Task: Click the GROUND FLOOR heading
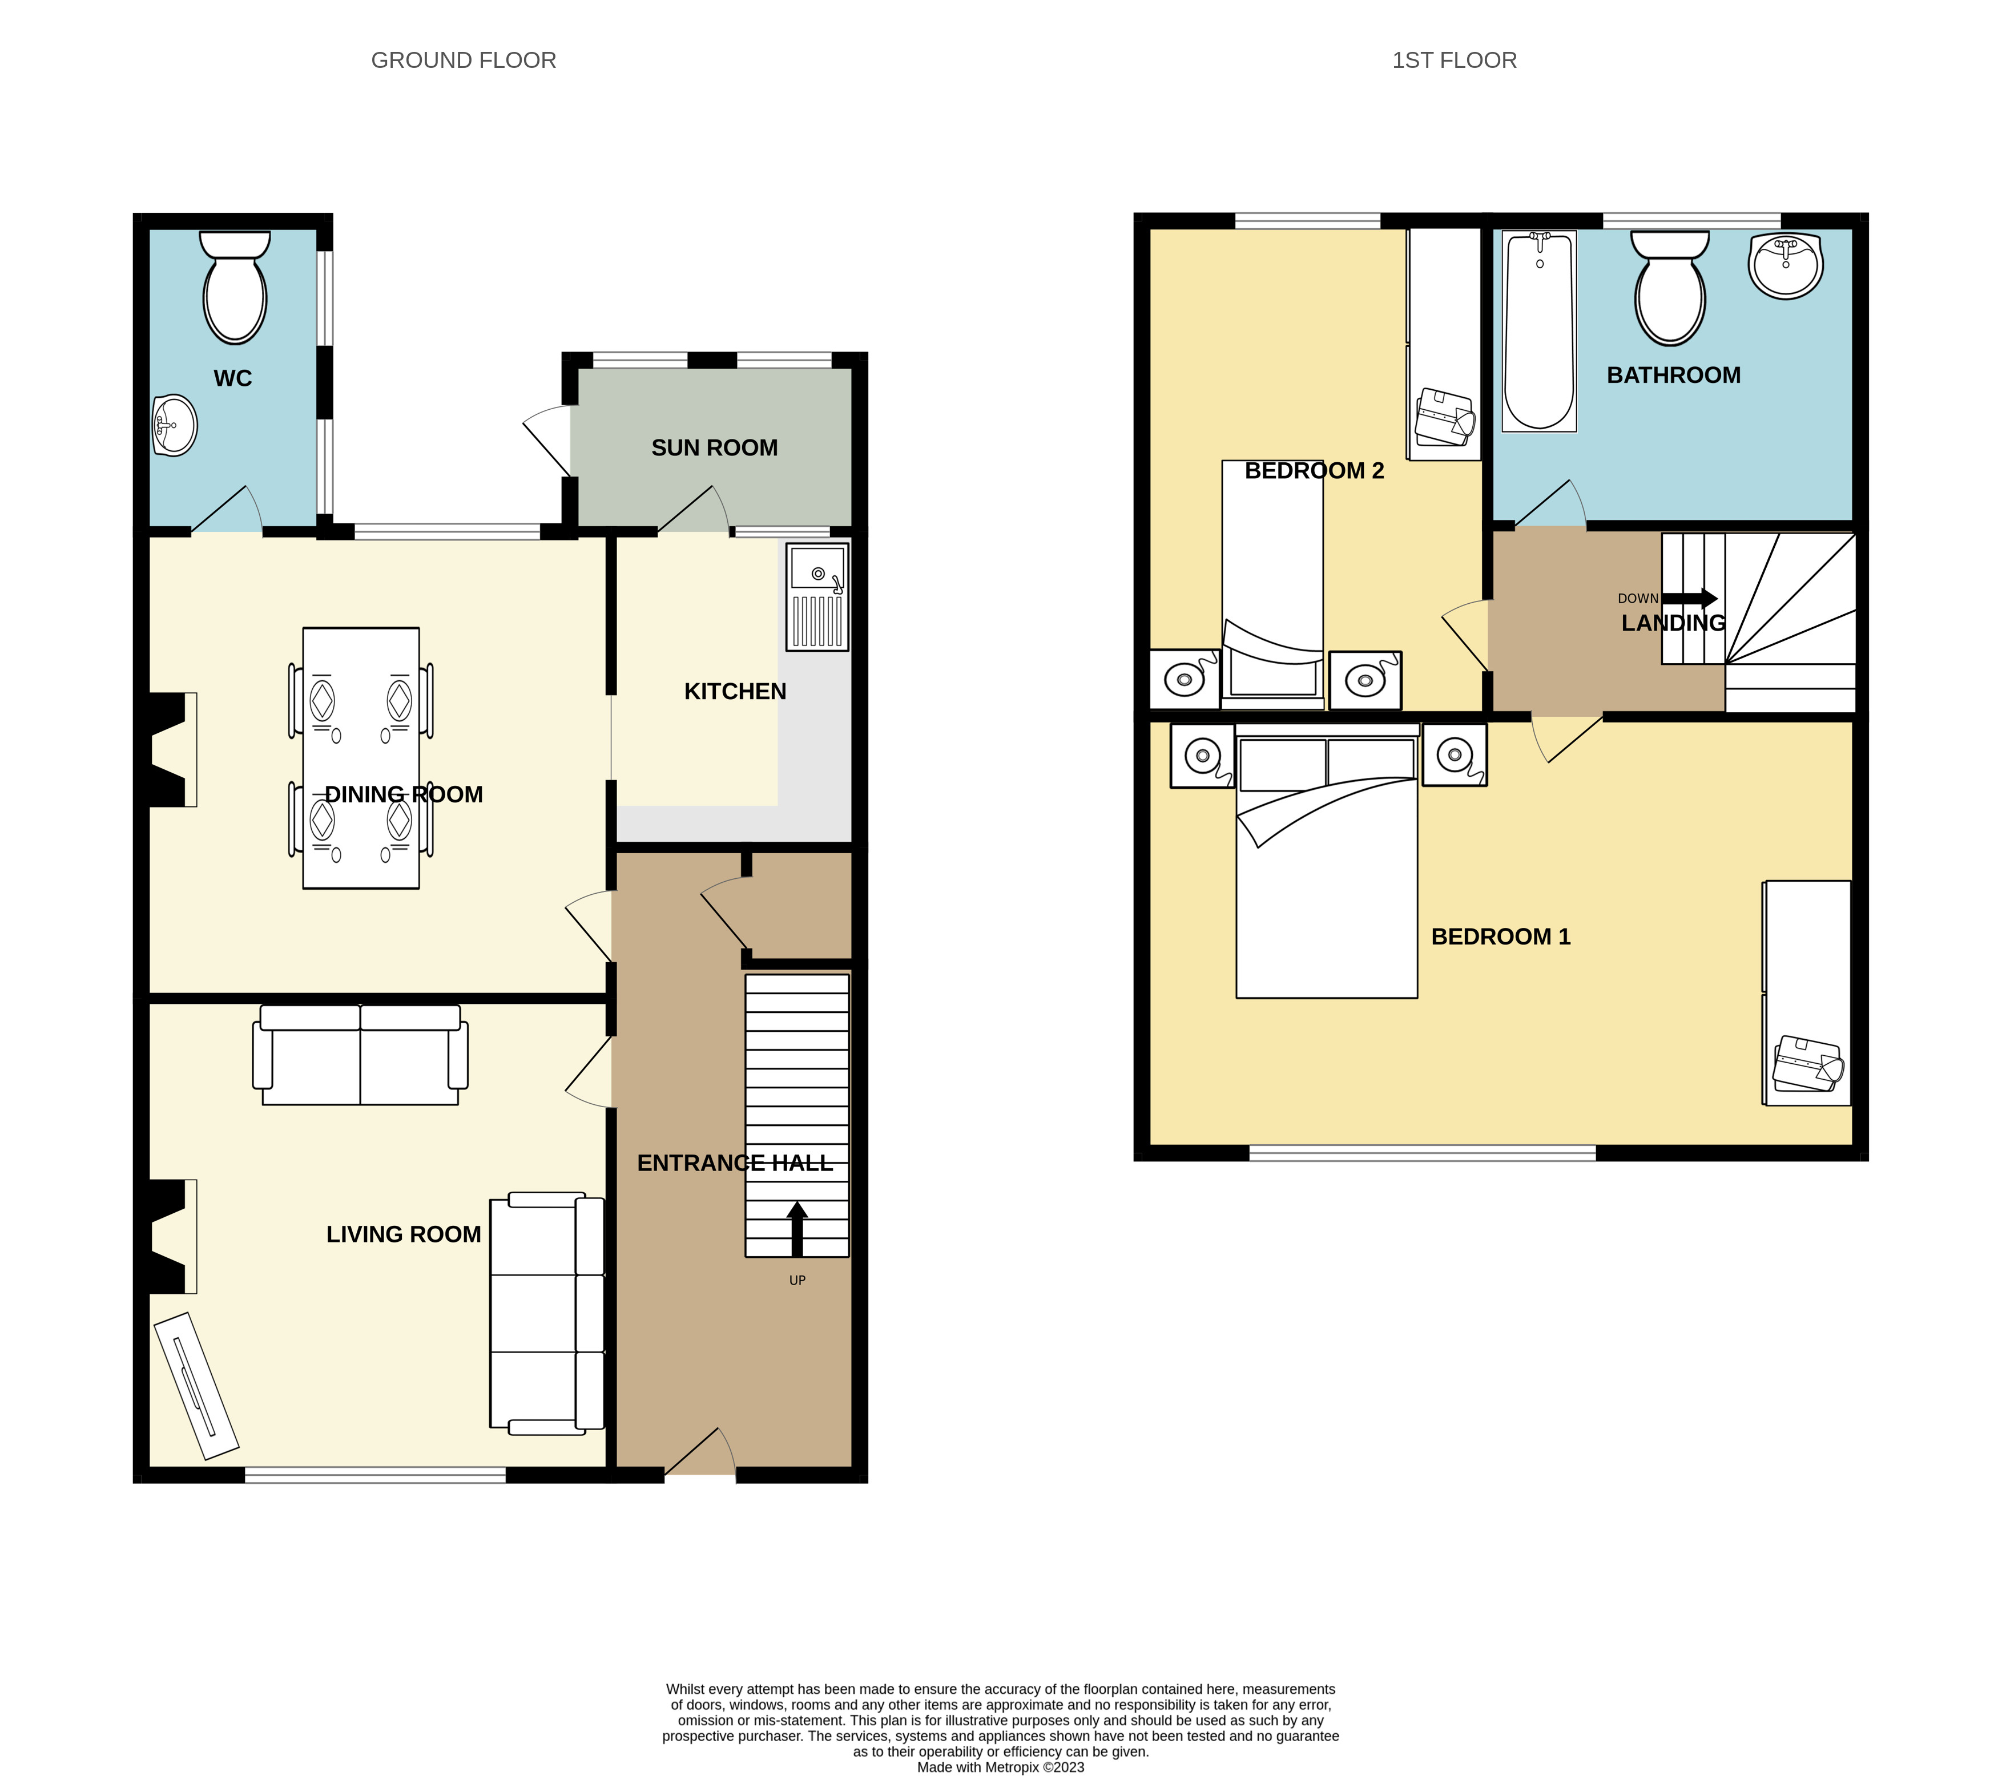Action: (464, 60)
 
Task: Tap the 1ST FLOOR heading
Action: (1455, 60)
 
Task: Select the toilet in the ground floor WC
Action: (235, 287)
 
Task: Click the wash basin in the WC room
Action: (175, 426)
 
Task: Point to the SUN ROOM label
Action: (715, 447)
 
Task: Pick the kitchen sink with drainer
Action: (817, 597)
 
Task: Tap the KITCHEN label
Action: (735, 691)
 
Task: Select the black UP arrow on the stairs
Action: (797, 1229)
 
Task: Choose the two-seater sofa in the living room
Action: (360, 1055)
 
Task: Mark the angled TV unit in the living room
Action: (196, 1385)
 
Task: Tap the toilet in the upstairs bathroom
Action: (1670, 288)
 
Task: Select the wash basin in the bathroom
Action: (1786, 265)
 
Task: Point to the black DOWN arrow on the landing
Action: (1690, 598)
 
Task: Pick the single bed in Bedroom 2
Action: (1272, 584)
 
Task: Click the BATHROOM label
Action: (1674, 375)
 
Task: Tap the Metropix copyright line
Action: (1000, 1767)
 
